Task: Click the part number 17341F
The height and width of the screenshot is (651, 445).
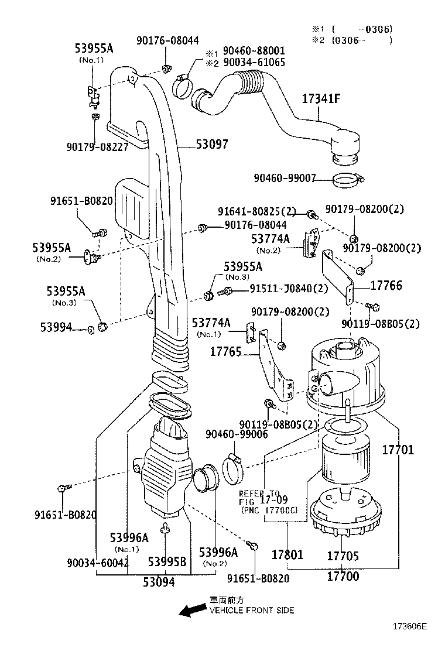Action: coord(320,99)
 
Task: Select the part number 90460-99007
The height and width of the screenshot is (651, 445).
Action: coord(285,178)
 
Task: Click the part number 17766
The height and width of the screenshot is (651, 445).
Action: coord(386,285)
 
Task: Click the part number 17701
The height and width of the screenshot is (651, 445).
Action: coord(398,450)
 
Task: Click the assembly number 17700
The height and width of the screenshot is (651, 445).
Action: coord(343,576)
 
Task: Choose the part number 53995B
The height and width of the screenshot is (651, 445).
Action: coord(167,562)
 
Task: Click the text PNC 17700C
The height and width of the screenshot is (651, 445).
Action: coord(269,510)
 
